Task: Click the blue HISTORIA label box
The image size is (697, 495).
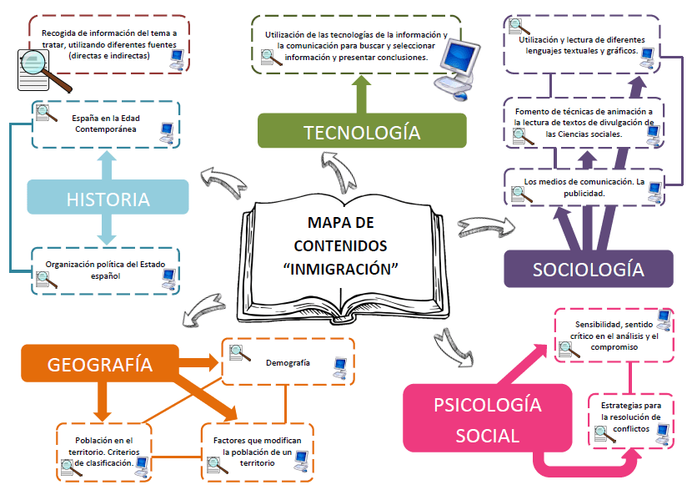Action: pos(108,199)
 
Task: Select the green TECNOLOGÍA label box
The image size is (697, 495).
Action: pos(361,131)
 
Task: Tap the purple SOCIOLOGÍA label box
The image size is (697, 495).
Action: pos(588,269)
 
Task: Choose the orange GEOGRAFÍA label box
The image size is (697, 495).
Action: pos(99,364)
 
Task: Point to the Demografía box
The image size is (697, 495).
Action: pos(288,362)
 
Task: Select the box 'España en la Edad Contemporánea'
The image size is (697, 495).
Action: pos(105,124)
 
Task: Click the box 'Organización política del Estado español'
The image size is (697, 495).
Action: pos(105,270)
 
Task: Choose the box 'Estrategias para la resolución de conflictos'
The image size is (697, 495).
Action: pos(630,417)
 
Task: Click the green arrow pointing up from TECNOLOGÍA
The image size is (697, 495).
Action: pos(361,94)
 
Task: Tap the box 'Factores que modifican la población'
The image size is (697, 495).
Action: pos(257,451)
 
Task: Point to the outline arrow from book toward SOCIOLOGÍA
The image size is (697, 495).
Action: pos(483,227)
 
